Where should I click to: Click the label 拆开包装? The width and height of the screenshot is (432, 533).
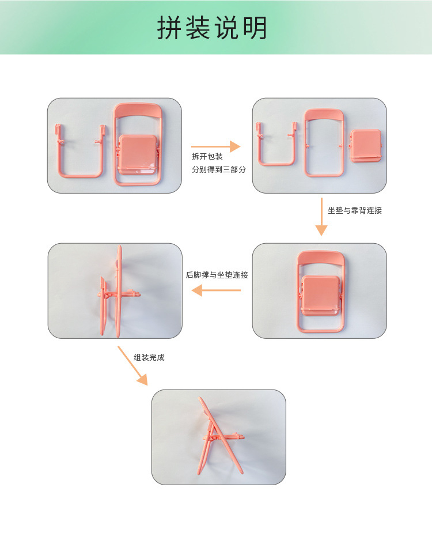point(207,156)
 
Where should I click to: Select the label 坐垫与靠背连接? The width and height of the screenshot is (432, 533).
point(355,210)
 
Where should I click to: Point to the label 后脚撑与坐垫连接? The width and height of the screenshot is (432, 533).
point(217,275)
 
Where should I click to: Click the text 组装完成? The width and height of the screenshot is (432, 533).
point(149,357)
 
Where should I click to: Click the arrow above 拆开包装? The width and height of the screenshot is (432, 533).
point(215,147)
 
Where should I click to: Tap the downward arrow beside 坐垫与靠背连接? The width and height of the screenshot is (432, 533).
point(321,217)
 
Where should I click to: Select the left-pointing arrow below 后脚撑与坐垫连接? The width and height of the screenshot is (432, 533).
point(216,290)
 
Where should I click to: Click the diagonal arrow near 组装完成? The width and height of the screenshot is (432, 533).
point(132,365)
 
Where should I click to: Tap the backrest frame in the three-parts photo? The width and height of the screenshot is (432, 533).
point(325,142)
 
